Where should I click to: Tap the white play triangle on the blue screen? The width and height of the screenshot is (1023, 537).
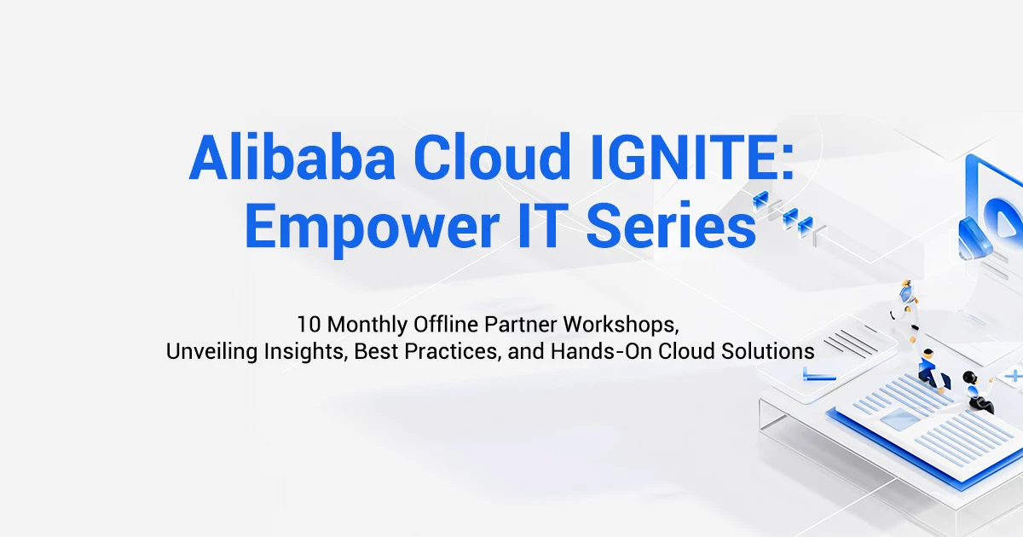(x=1004, y=226)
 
